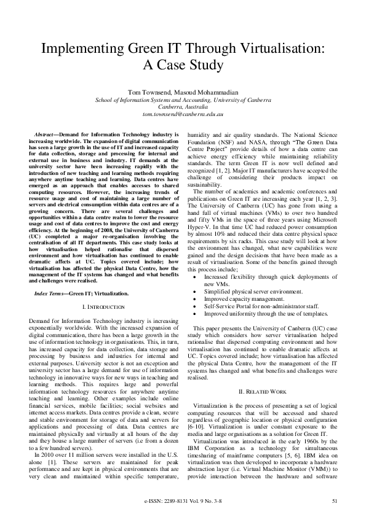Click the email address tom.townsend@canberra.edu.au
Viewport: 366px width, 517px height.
click(x=183, y=114)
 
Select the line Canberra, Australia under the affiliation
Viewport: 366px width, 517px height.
click(x=183, y=107)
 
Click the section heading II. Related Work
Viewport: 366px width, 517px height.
click(x=262, y=373)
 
